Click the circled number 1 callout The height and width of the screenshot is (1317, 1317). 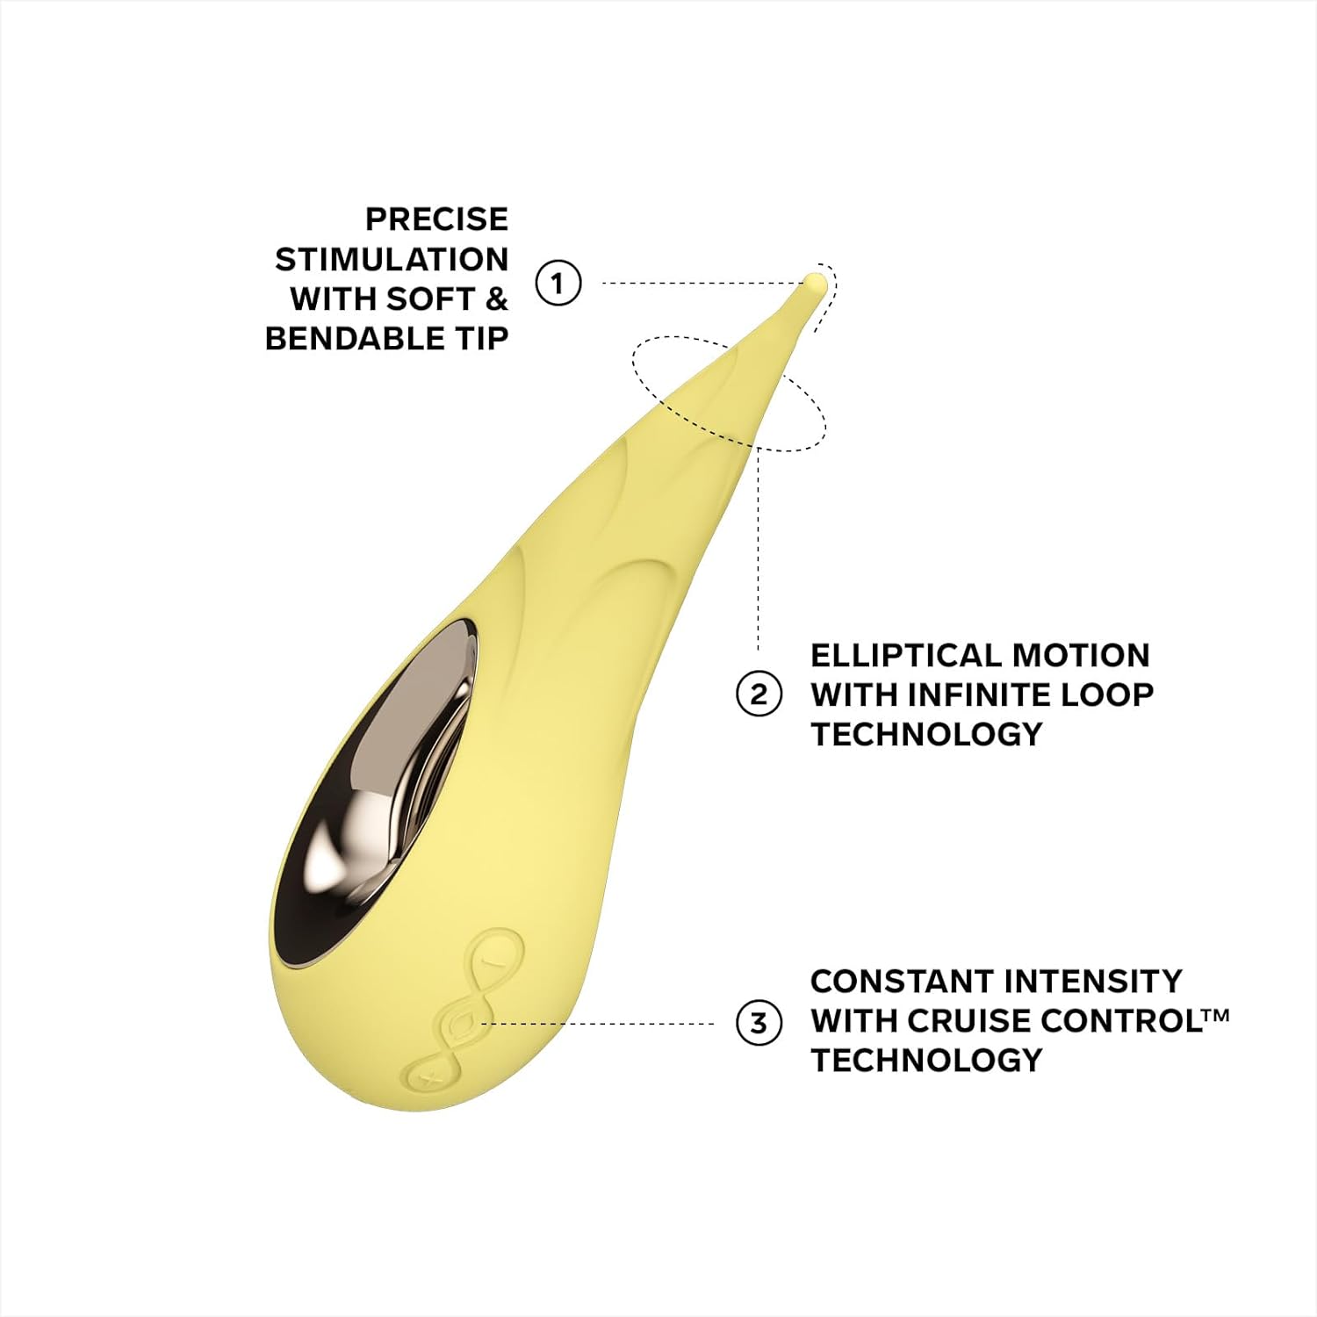[x=558, y=283]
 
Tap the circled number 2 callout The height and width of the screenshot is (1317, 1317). [x=759, y=694]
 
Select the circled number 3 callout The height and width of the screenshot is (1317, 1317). [x=759, y=1023]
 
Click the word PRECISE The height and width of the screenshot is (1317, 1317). [x=436, y=219]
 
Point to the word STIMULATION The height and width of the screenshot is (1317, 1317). [x=392, y=259]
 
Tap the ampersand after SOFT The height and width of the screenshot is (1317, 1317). [x=496, y=299]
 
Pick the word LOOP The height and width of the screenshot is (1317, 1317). [x=1107, y=694]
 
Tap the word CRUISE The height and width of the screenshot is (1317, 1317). [x=961, y=1020]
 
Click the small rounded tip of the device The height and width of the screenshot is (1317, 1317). [x=815, y=284]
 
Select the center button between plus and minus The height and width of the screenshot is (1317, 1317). [x=460, y=1023]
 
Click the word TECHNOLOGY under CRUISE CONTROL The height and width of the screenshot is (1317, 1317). [x=926, y=1060]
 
